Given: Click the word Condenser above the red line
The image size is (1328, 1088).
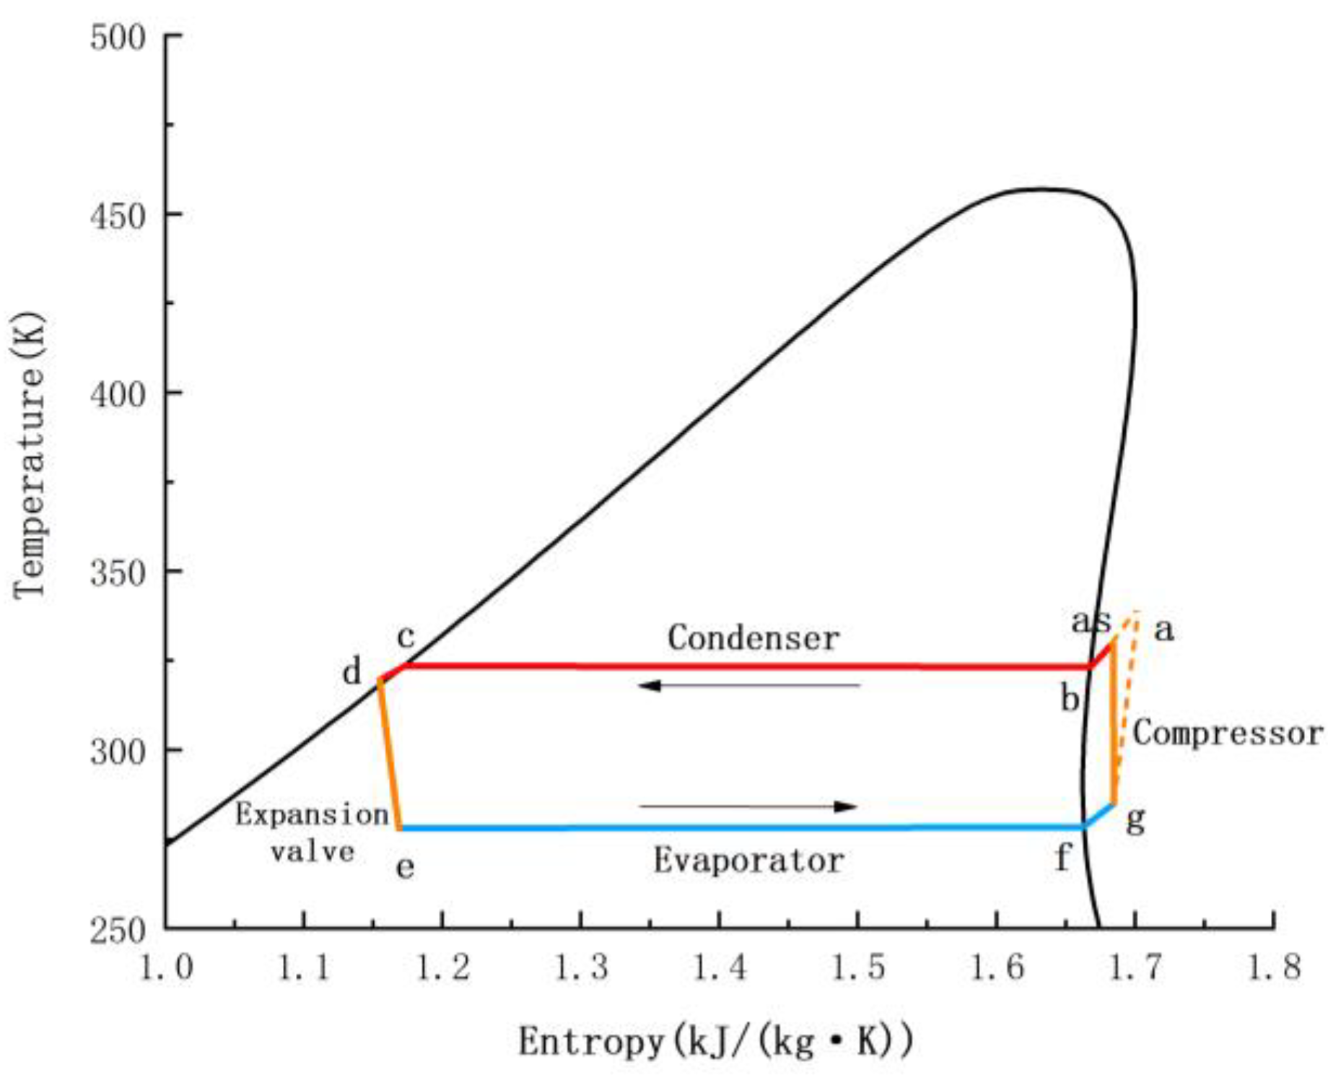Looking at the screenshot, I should pyautogui.click(x=753, y=637).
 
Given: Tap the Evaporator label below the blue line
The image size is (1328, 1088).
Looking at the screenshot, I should pyautogui.click(x=749, y=861).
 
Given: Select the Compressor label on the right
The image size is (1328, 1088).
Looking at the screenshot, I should pyautogui.click(x=1228, y=734).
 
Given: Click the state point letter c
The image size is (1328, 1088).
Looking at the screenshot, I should pyautogui.click(x=406, y=637).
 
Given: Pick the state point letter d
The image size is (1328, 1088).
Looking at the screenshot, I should pyautogui.click(x=351, y=672).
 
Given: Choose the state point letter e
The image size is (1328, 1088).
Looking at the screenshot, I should pyautogui.click(x=406, y=866).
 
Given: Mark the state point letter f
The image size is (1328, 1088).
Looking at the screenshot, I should pyautogui.click(x=1062, y=858).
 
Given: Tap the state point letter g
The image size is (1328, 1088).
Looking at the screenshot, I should pyautogui.click(x=1135, y=820).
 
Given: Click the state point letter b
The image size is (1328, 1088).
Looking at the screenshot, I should pyautogui.click(x=1070, y=698).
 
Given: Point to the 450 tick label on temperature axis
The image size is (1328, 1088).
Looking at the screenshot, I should pyautogui.click(x=118, y=215).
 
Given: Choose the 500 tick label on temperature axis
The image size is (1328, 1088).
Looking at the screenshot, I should pyautogui.click(x=118, y=37).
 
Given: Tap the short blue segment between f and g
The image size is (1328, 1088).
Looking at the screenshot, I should pyautogui.click(x=1099, y=816).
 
